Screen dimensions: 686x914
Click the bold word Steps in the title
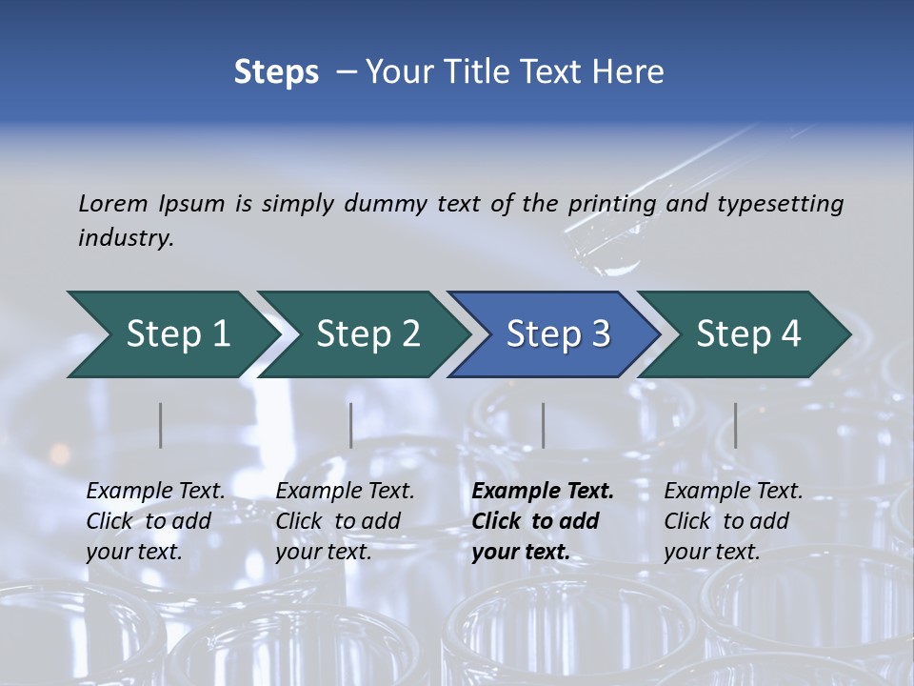point(276,72)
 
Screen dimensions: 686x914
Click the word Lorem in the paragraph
point(113,203)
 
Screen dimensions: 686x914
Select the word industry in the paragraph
point(126,237)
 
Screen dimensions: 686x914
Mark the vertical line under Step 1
point(161,425)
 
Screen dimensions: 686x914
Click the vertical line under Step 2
point(351,425)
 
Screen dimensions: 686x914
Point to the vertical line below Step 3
point(544,425)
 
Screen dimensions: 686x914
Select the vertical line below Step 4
point(736,425)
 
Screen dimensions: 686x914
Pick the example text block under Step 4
point(733,521)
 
